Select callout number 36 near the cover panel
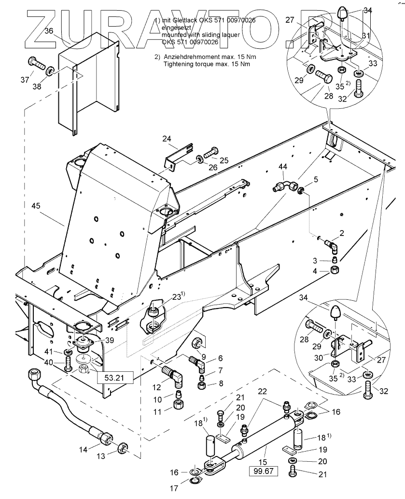[49, 30]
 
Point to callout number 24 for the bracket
[166, 139]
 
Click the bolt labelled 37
[36, 63]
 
